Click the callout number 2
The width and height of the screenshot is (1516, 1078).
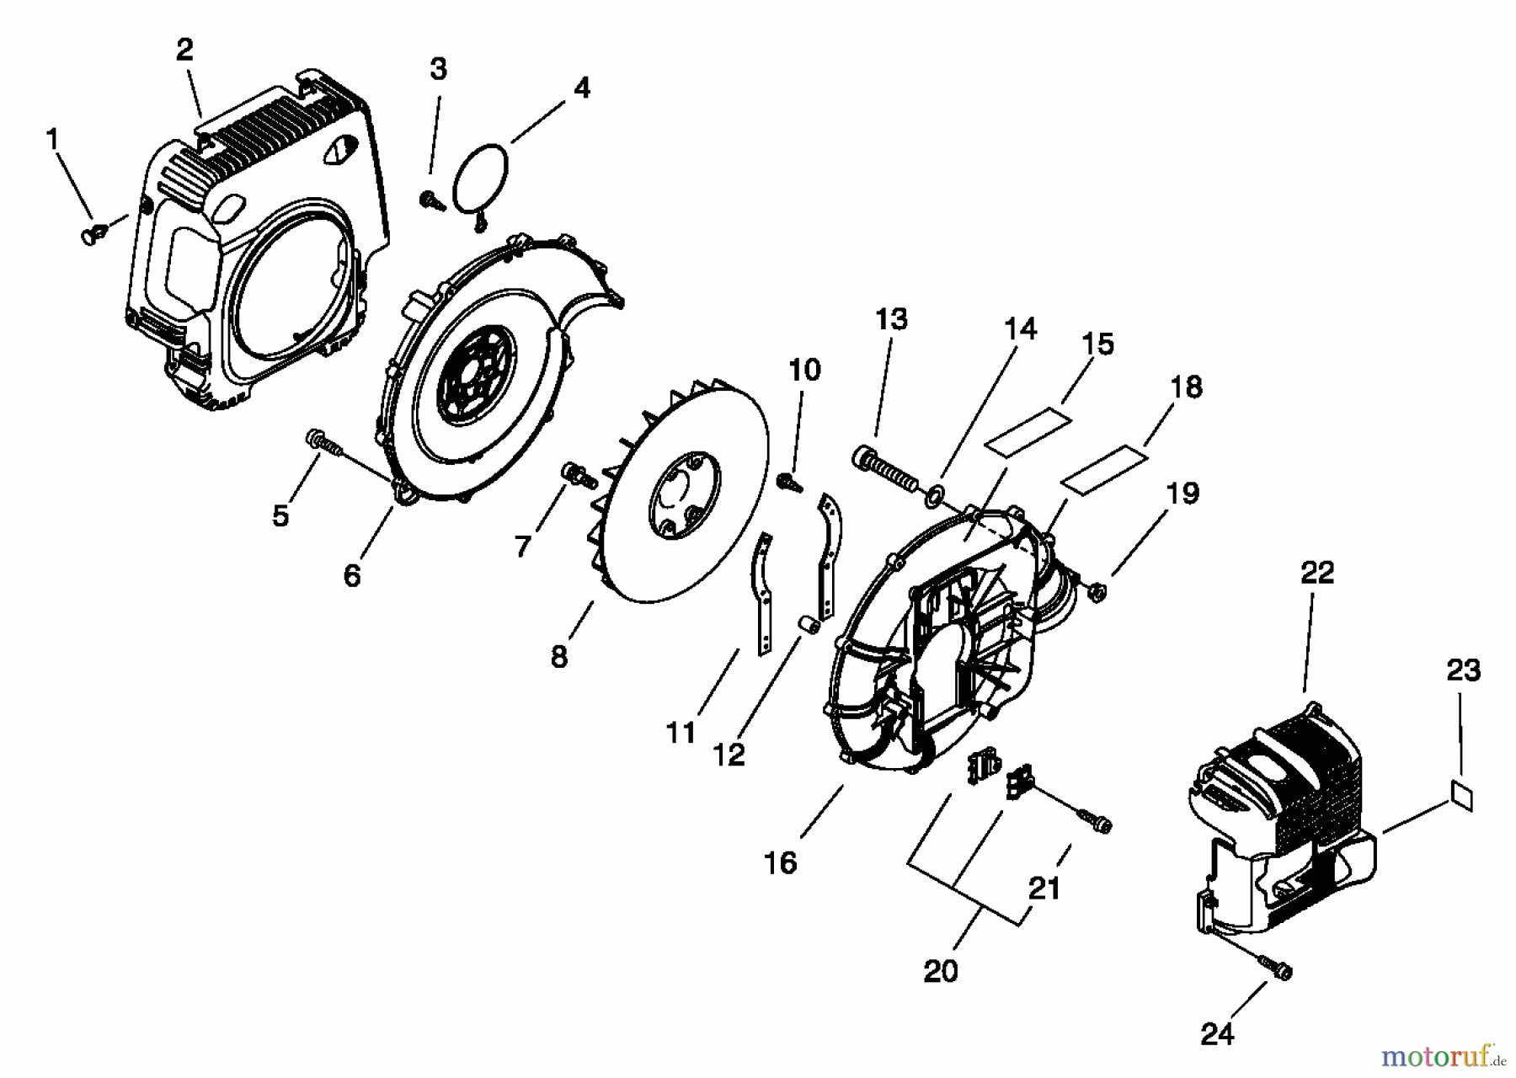(x=184, y=50)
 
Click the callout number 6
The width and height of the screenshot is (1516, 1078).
(x=352, y=576)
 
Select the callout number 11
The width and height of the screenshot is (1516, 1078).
(x=681, y=732)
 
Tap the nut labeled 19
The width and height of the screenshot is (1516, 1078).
(x=1097, y=592)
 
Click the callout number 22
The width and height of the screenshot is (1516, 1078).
(x=1317, y=574)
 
